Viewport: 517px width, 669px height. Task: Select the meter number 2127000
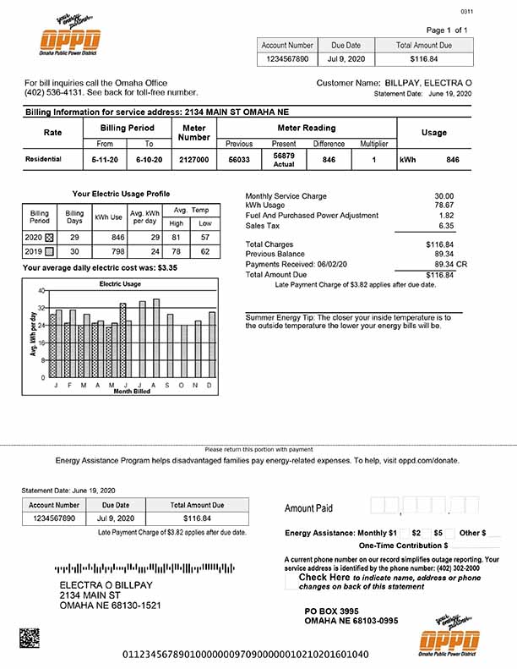193,159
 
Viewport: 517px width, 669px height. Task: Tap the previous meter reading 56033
239,159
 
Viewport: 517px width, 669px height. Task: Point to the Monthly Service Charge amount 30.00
444,196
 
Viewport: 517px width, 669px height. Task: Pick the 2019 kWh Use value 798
112,251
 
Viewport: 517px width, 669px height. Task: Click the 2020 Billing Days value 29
74,239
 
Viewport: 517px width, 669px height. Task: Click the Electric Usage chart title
120,284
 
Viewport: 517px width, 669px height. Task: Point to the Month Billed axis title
133,392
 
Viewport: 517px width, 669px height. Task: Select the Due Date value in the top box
346,59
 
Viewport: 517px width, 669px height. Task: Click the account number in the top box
287,59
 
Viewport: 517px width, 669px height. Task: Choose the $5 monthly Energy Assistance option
438,533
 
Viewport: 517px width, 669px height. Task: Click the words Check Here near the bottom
324,578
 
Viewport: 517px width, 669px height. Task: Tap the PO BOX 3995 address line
331,611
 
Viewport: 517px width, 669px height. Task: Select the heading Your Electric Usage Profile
120,194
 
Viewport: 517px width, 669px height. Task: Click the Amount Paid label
308,508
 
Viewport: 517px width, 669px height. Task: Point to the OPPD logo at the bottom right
448,639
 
